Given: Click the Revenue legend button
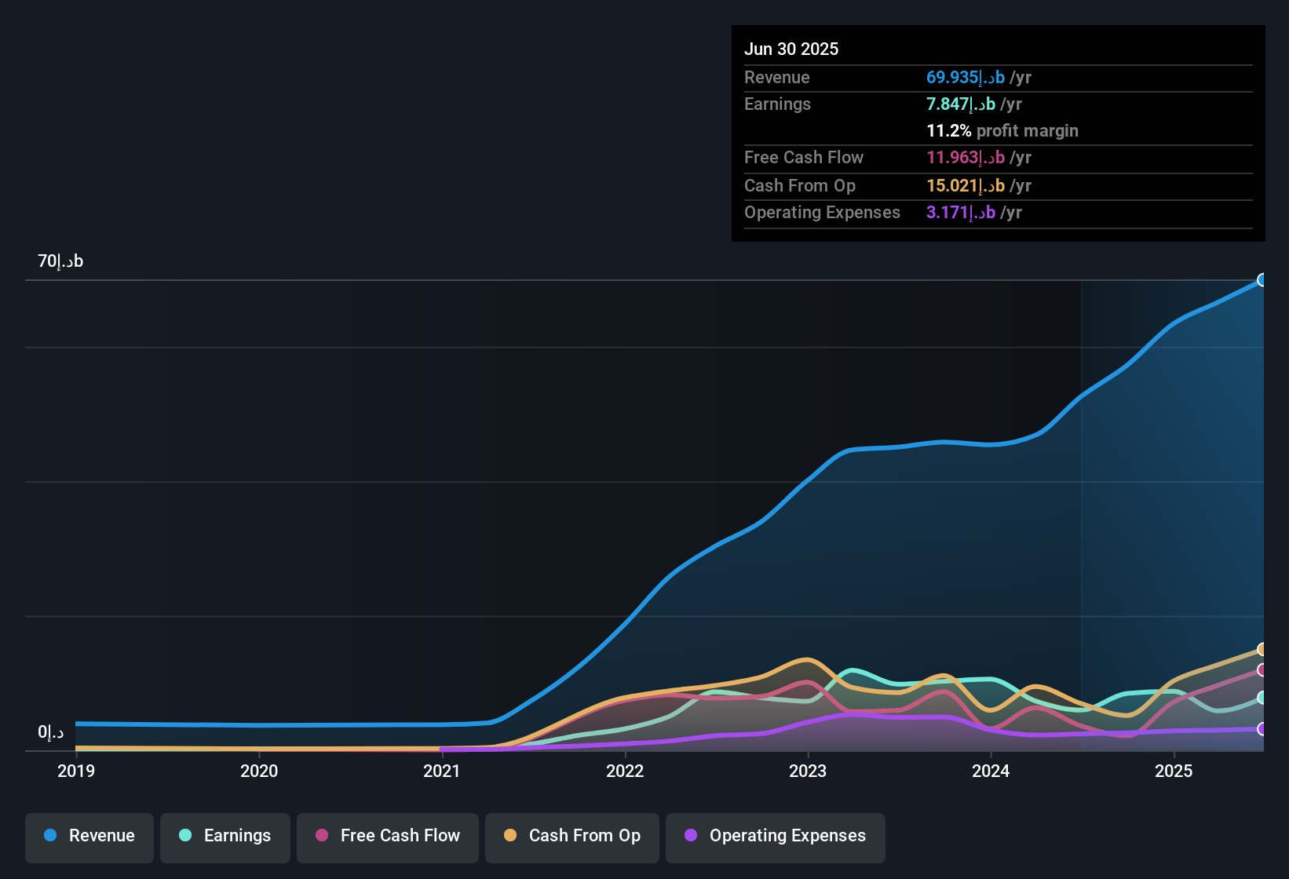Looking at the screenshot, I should (89, 836).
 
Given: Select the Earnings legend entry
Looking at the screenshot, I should (225, 836).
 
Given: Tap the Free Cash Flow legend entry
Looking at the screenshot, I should (388, 836).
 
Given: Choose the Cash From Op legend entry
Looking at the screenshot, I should (572, 836).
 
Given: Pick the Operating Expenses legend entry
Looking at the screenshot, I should (776, 836).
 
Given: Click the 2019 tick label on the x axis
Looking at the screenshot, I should (76, 771).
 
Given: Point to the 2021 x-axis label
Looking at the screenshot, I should (442, 771).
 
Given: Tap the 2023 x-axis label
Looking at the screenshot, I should (808, 771).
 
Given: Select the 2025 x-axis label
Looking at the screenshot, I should (1174, 771).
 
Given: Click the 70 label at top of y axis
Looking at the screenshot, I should (60, 261).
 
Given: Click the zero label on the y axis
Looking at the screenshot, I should (51, 732).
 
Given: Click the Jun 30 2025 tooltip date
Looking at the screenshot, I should (791, 49).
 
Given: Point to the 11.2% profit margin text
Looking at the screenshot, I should (1002, 130).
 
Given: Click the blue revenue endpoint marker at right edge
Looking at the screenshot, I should (1262, 280).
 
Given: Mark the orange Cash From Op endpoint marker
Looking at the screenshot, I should (1262, 649).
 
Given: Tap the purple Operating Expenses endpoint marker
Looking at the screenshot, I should (1262, 729).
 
